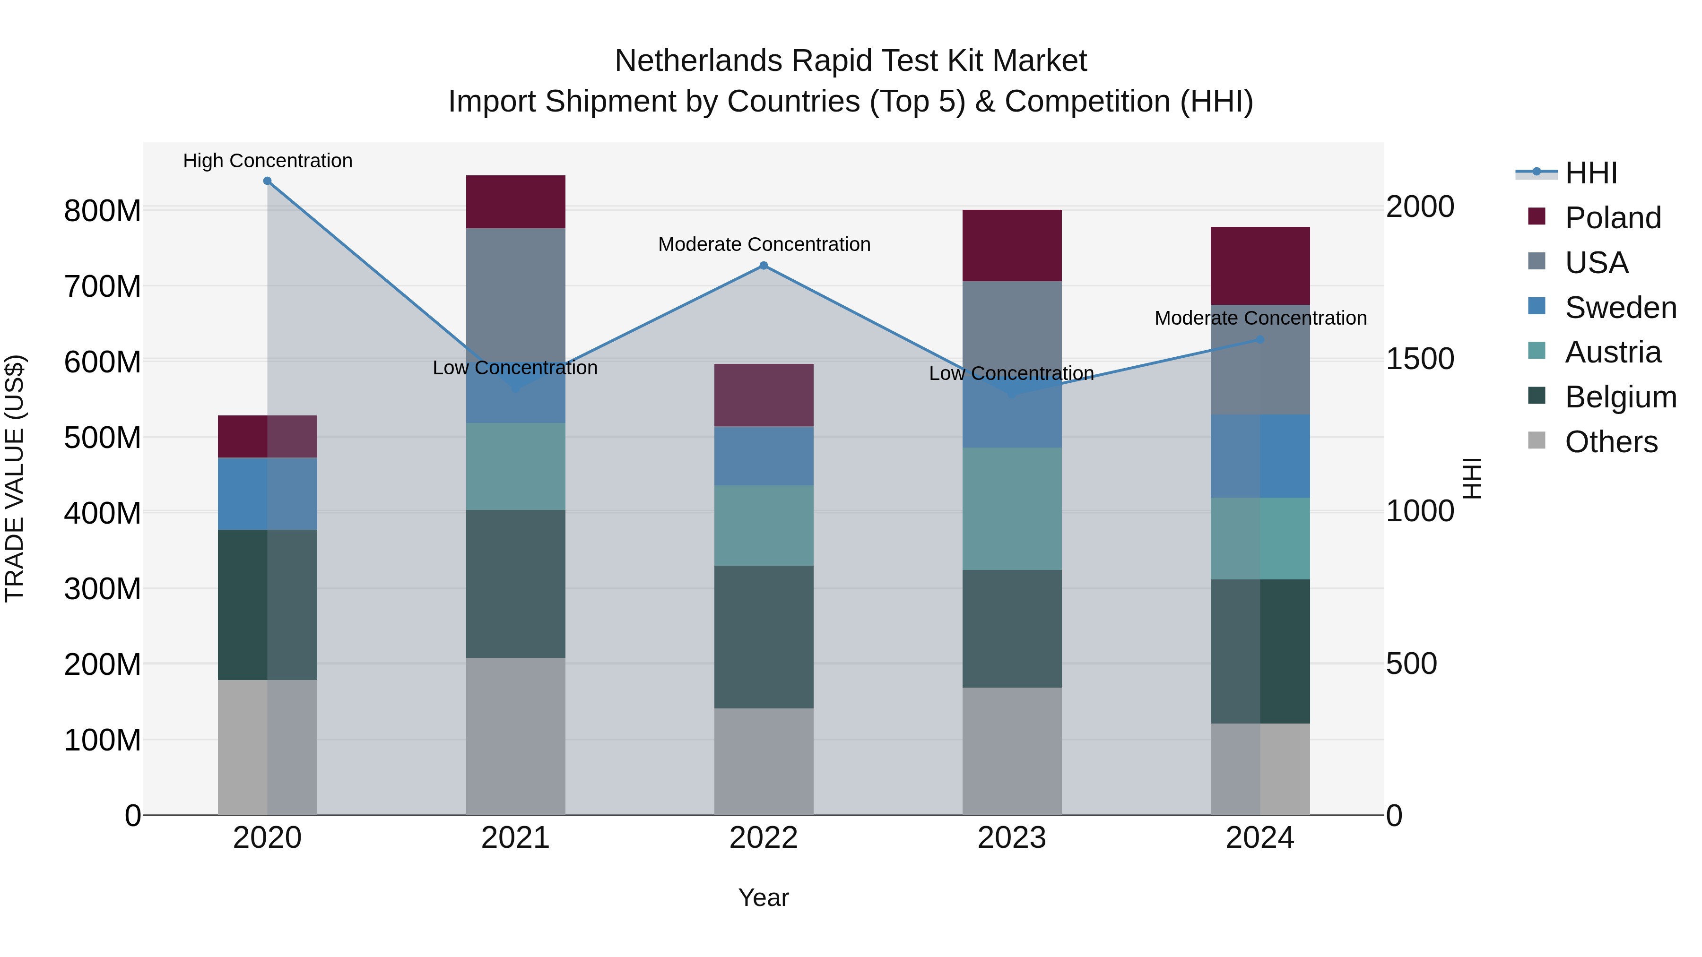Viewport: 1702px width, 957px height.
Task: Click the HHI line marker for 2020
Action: [267, 181]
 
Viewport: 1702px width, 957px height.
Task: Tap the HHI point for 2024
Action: [1260, 339]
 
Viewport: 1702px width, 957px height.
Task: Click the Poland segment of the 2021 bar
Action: [515, 201]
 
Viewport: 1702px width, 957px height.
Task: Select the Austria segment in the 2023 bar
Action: [1012, 509]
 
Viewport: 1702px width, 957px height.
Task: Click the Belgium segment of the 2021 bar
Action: [515, 583]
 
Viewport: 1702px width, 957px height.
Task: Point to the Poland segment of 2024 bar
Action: [1260, 266]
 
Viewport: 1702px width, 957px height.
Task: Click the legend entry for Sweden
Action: [1620, 308]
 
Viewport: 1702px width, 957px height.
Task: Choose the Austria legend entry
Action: [1612, 352]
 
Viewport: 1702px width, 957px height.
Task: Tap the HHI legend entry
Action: [1590, 173]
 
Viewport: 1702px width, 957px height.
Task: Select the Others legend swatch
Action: [1537, 440]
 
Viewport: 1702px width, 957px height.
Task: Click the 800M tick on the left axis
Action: [103, 211]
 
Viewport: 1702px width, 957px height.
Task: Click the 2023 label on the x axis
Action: [1012, 838]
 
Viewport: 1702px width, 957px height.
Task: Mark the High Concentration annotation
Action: [268, 161]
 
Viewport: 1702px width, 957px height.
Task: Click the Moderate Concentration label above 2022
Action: [764, 244]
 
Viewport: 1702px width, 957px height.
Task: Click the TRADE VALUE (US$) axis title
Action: [15, 478]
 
